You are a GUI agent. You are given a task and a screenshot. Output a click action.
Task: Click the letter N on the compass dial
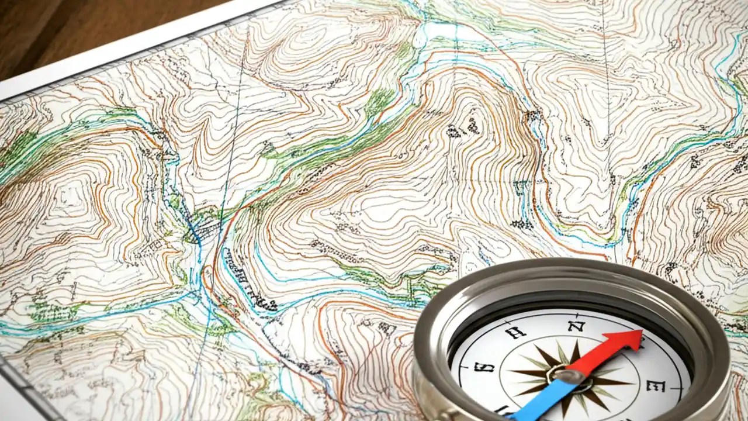coord(576,325)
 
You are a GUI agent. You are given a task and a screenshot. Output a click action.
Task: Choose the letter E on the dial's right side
coord(656,385)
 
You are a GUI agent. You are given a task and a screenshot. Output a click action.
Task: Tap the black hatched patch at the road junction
coord(202,231)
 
